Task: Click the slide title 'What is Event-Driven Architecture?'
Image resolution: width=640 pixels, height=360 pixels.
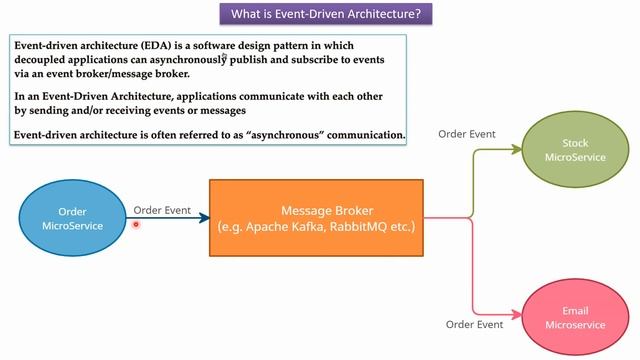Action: (319, 15)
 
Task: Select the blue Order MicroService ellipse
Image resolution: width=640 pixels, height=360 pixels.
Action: (72, 218)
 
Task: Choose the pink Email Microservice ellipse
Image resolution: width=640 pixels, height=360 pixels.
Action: (568, 317)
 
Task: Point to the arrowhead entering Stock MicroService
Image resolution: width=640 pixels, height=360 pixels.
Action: (517, 151)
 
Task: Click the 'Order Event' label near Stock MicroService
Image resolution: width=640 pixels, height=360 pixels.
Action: (467, 134)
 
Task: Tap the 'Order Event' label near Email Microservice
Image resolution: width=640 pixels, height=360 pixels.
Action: (474, 324)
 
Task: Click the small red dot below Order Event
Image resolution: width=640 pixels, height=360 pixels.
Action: (136, 224)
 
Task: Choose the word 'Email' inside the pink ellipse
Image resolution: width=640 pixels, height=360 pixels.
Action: (568, 311)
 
